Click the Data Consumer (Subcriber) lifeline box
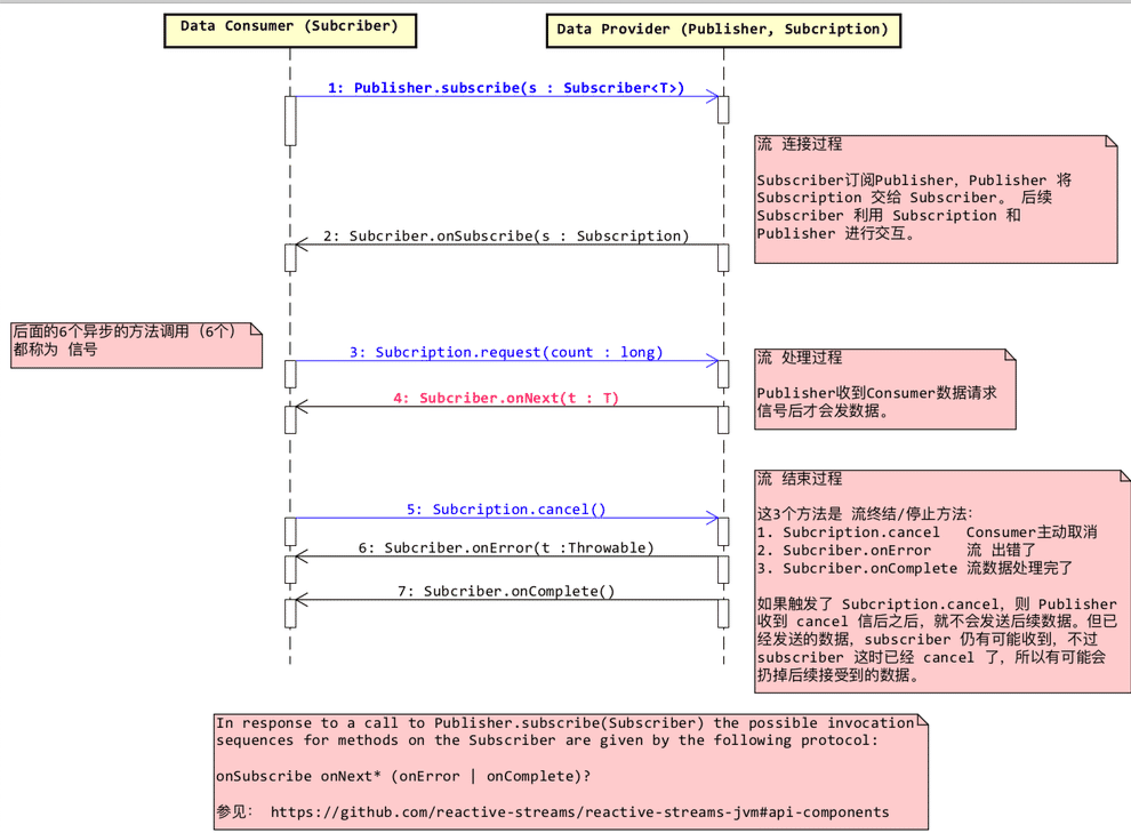click(290, 30)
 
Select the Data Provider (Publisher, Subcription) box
click(723, 30)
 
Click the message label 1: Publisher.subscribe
click(506, 88)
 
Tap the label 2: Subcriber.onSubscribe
click(506, 236)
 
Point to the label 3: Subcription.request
click(506, 352)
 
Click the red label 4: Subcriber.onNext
click(506, 398)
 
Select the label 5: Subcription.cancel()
click(506, 509)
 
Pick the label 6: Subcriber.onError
click(506, 548)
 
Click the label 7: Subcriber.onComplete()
click(506, 591)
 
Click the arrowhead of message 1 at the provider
click(713, 97)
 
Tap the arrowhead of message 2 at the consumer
click(301, 245)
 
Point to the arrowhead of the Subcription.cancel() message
click(713, 518)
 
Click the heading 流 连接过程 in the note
click(800, 144)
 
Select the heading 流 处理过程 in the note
click(800, 358)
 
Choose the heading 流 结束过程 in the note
click(800, 479)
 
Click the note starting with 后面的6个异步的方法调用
click(136, 345)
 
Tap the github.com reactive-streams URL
click(579, 812)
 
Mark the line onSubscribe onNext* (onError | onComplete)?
click(403, 776)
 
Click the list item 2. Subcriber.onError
click(844, 550)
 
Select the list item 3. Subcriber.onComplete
click(857, 568)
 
